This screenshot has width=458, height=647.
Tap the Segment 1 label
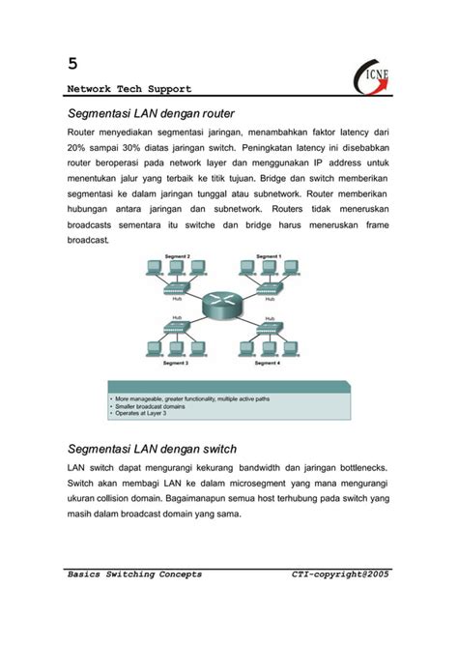tap(268, 256)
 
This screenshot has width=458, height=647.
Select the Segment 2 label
tap(175, 256)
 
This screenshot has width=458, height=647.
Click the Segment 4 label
tap(268, 364)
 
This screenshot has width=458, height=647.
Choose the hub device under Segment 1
tap(268, 289)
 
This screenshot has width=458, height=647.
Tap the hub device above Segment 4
tap(268, 327)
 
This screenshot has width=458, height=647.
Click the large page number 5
tap(72, 64)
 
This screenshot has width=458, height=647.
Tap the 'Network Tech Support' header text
tap(129, 88)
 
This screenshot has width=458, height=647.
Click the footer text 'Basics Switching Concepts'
tap(134, 574)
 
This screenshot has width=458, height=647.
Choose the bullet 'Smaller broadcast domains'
tap(151, 406)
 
